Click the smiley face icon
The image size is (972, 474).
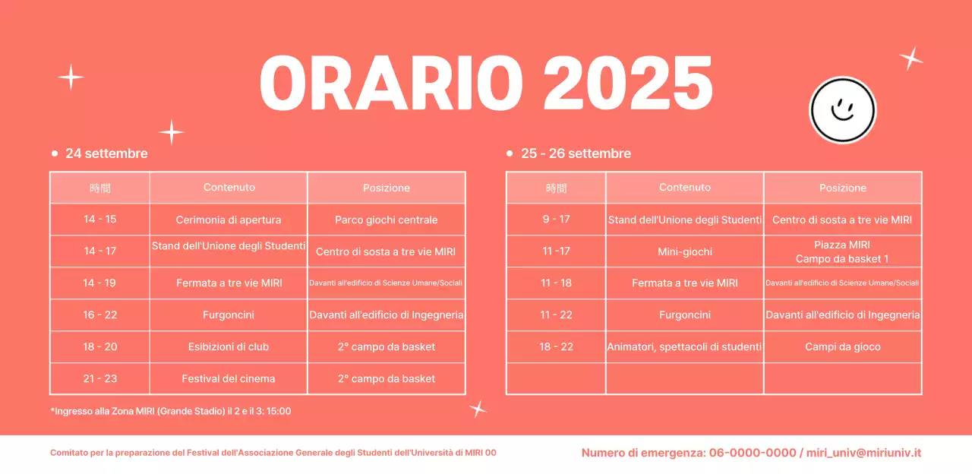pyautogui.click(x=842, y=110)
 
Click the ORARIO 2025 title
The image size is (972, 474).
pyautogui.click(x=486, y=83)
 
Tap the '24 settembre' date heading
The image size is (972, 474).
pyautogui.click(x=106, y=153)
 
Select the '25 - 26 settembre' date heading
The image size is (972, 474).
pyautogui.click(x=576, y=153)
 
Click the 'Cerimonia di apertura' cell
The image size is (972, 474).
pyautogui.click(x=229, y=220)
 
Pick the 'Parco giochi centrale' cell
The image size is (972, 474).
pyautogui.click(x=387, y=220)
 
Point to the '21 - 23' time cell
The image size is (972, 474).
pyautogui.click(x=100, y=378)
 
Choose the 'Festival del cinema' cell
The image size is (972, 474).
pyautogui.click(x=229, y=378)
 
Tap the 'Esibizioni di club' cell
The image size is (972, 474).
pyautogui.click(x=229, y=346)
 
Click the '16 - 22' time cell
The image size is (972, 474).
pyautogui.click(x=100, y=314)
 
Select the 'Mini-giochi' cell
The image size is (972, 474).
pyautogui.click(x=685, y=251)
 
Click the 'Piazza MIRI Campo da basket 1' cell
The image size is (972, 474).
pyautogui.click(x=842, y=251)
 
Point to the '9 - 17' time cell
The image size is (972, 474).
pyautogui.click(x=556, y=220)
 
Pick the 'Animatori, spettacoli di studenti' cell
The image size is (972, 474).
pyautogui.click(x=685, y=346)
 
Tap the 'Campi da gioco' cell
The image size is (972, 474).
pyautogui.click(x=842, y=346)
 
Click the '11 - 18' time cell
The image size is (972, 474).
pyautogui.click(x=556, y=283)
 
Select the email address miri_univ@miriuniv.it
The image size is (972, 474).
pyautogui.click(x=863, y=453)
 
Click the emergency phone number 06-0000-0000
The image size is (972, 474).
pyautogui.click(x=753, y=453)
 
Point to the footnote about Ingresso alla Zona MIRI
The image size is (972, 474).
pyautogui.click(x=171, y=411)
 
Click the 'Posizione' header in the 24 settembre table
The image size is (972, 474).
pyautogui.click(x=387, y=188)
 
